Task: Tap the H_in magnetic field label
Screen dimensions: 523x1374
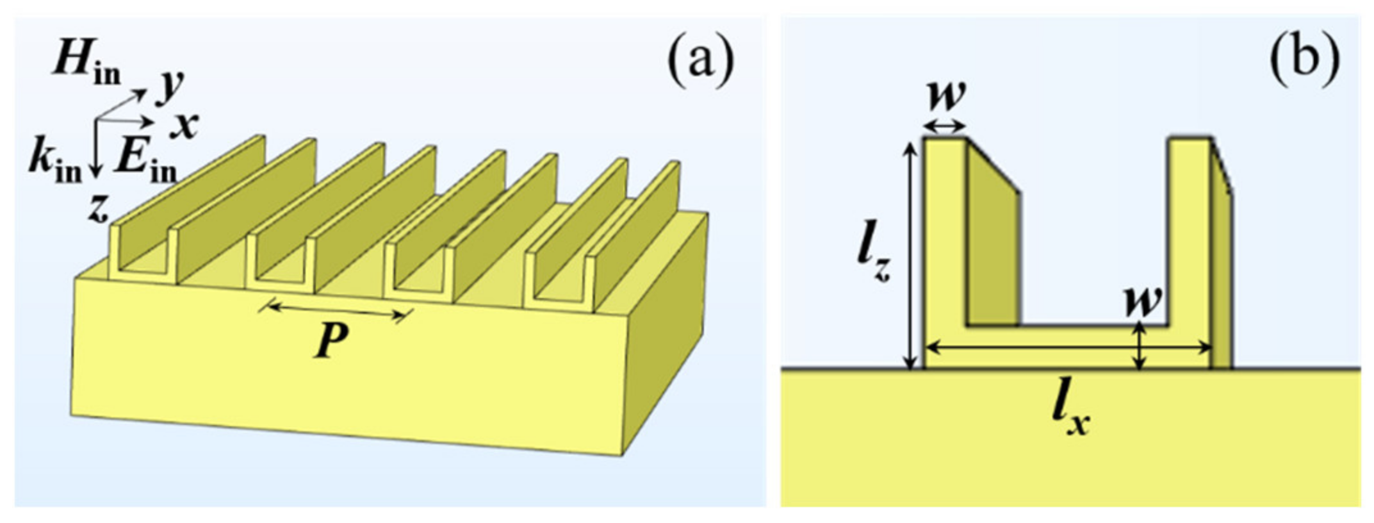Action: click(86, 64)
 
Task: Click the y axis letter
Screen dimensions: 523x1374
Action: click(170, 88)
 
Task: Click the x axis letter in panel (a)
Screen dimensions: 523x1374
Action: click(184, 124)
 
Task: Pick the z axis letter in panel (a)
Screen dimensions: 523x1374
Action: click(98, 209)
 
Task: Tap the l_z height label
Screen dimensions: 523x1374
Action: click(874, 260)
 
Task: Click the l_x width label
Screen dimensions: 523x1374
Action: click(1071, 415)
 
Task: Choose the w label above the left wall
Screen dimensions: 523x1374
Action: click(946, 96)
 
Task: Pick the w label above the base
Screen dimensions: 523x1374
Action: click(1143, 301)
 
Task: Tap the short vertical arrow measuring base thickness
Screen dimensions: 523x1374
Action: click(1139, 346)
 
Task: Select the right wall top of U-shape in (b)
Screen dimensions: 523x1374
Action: click(1190, 139)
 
